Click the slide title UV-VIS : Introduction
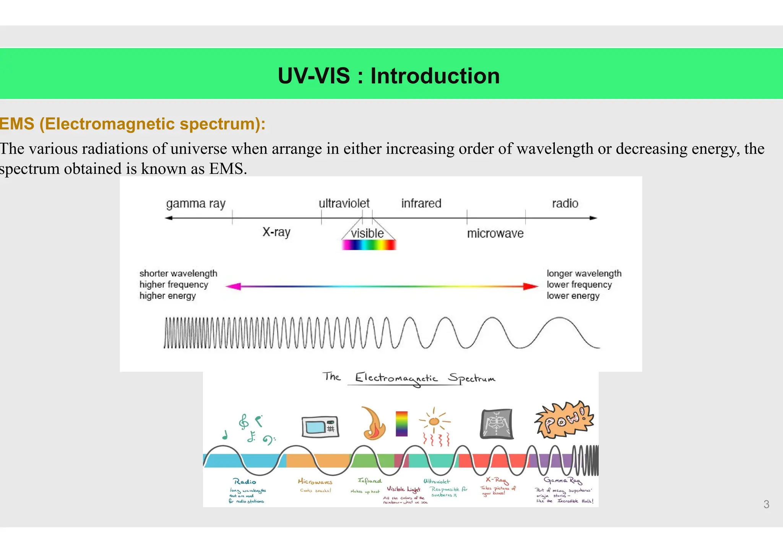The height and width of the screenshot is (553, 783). tap(388, 76)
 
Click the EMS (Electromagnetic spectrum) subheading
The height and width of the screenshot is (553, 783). tap(132, 124)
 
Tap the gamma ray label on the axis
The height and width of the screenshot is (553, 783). tap(196, 204)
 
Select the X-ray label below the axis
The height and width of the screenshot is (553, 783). tap(276, 232)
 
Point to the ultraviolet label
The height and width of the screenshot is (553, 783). tap(344, 203)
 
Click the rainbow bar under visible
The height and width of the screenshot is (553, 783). tap(369, 245)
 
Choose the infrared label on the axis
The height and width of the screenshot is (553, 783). tap(421, 203)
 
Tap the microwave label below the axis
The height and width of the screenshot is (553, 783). tap(495, 233)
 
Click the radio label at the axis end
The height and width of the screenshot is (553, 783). tap(565, 203)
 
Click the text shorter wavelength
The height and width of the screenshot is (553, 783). tap(178, 273)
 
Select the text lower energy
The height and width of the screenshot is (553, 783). tap(573, 296)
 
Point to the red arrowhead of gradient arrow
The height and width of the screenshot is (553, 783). tap(531, 286)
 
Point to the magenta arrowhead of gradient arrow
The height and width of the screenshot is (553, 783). tap(233, 286)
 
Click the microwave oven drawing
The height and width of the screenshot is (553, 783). tap(320, 427)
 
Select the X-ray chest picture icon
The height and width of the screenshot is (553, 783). tap(496, 424)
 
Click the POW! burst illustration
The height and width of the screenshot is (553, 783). tap(564, 420)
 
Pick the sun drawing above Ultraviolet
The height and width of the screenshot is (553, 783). tap(434, 421)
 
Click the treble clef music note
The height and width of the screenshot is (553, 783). tap(244, 422)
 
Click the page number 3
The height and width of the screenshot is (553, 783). tap(766, 504)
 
